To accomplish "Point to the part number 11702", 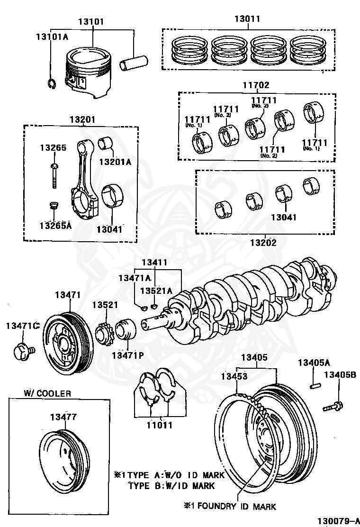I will (x=256, y=85).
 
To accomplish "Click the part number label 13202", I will (x=263, y=243).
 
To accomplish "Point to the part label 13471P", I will (x=127, y=355).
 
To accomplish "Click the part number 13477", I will (x=63, y=417).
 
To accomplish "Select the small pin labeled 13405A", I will (x=314, y=385).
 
